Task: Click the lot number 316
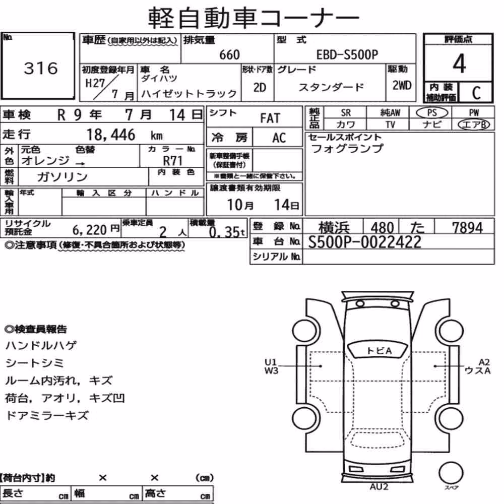coord(41,68)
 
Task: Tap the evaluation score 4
coord(459,64)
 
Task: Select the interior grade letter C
coord(476,93)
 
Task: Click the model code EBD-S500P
coord(347,54)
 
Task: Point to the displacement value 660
coord(229,54)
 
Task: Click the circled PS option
coord(432,113)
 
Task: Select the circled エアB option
coord(474,124)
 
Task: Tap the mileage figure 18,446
coord(111,135)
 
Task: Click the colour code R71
coord(172,160)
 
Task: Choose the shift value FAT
coord(270,118)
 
